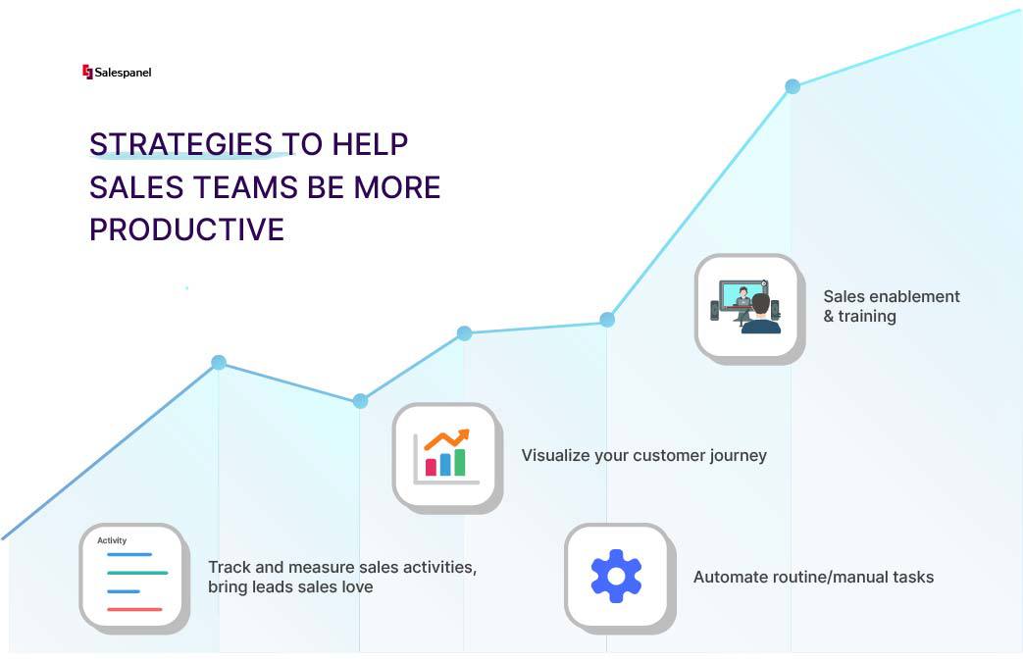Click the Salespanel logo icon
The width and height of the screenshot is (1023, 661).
click(x=87, y=72)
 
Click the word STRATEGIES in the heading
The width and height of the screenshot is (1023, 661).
click(x=180, y=144)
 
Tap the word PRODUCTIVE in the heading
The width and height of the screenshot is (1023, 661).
click(x=186, y=229)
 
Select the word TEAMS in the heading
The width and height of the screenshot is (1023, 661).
click(x=245, y=187)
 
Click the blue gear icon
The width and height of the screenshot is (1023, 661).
click(x=616, y=576)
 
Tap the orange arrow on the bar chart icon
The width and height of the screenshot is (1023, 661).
click(x=447, y=439)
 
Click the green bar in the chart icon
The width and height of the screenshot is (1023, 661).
click(x=460, y=462)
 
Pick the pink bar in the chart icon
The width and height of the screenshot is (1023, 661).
click(x=431, y=467)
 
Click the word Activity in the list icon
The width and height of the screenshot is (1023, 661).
click(x=112, y=540)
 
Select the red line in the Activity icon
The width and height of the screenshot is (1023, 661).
click(x=134, y=609)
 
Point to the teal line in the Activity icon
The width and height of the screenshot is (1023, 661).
click(x=137, y=573)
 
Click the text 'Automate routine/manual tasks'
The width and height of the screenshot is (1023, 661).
click(x=813, y=577)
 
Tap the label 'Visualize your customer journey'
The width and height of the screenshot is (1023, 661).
click(x=644, y=455)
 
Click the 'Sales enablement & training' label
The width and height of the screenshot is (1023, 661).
click(x=892, y=306)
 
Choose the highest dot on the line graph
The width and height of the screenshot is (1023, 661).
click(x=793, y=86)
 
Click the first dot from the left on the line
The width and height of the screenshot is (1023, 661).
click(x=219, y=362)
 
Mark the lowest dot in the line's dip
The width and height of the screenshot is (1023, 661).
click(x=360, y=401)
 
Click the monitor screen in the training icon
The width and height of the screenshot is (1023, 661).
click(x=742, y=295)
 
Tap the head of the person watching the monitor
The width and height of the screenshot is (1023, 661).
click(x=760, y=304)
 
